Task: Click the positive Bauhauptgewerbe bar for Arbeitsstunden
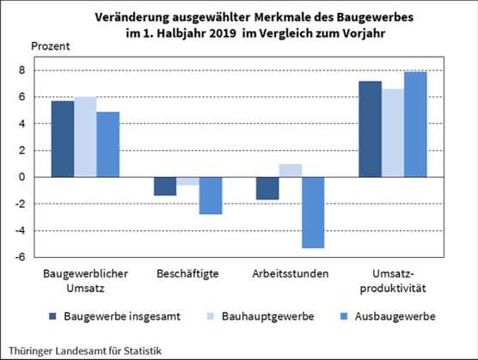(291, 170)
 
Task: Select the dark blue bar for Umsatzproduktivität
(370, 129)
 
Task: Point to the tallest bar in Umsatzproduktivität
(415, 125)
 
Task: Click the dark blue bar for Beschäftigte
(165, 186)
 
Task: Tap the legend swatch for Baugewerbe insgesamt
(53, 316)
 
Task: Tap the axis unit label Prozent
(51, 45)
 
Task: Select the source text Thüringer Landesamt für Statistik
(82, 351)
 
